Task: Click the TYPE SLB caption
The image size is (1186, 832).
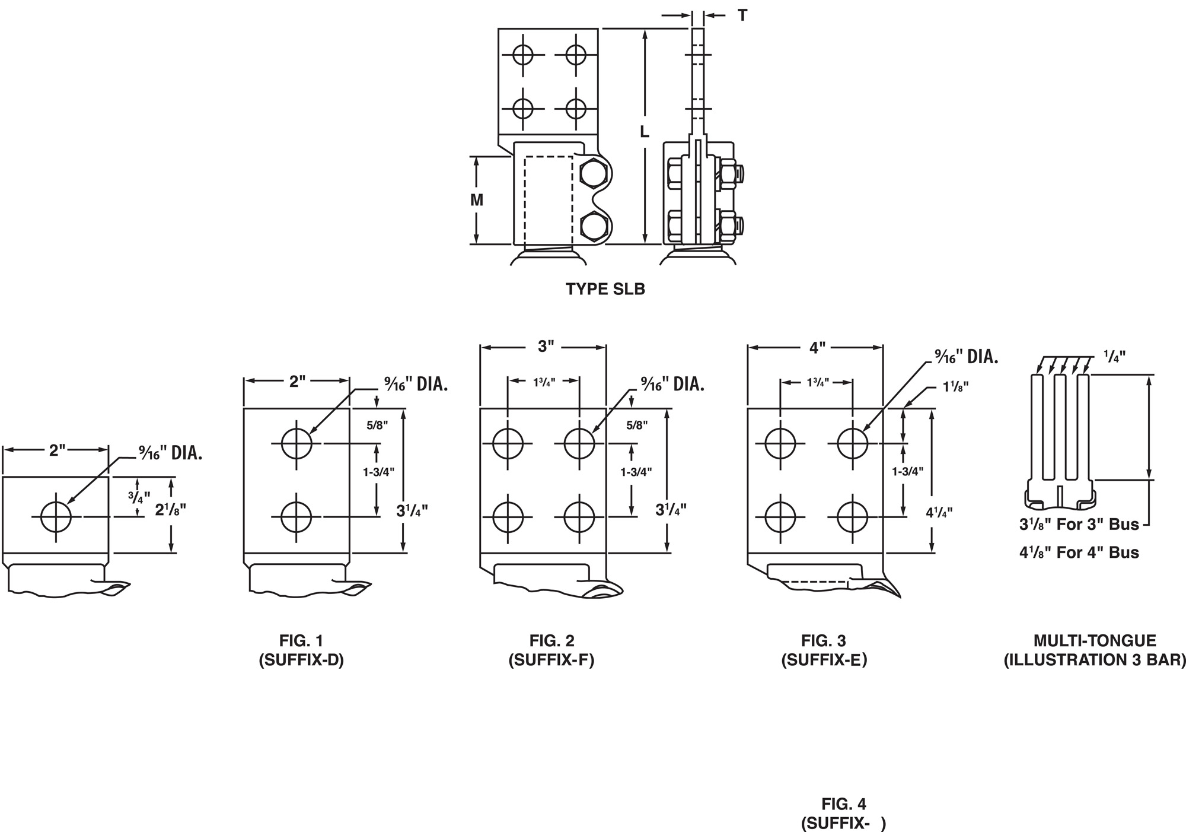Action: [x=605, y=289]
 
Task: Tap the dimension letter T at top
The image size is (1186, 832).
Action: [x=742, y=15]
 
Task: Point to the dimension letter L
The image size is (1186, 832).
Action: [x=645, y=131]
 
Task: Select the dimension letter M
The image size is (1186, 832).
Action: [x=477, y=200]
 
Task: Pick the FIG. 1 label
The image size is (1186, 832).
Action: [x=301, y=641]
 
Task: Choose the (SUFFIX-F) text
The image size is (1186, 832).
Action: [x=551, y=660]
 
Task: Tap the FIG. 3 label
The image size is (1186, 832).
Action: [x=824, y=641]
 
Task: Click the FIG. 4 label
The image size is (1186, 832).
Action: [x=844, y=804]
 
